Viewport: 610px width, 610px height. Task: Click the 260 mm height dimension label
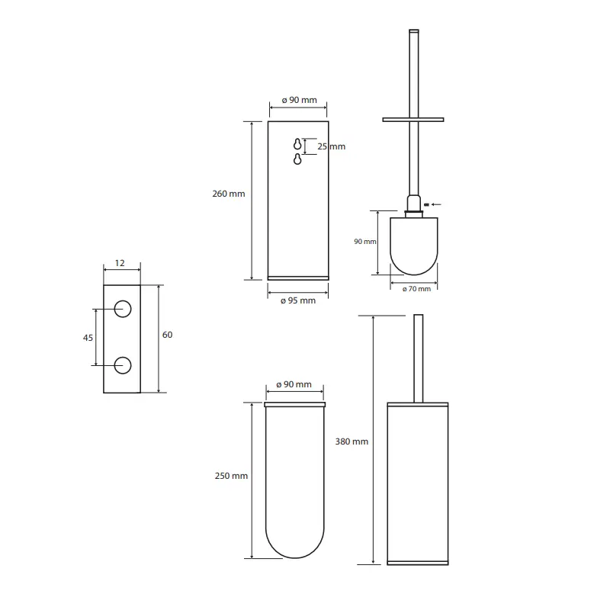click(228, 194)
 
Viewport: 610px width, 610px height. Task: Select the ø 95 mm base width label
click(298, 300)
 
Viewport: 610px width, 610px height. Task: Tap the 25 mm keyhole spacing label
click(331, 146)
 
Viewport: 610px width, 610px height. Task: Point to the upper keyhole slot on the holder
click(297, 144)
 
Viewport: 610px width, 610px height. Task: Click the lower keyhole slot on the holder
click(297, 159)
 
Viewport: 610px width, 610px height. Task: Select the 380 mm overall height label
click(352, 441)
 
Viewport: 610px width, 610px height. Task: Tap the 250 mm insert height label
click(231, 476)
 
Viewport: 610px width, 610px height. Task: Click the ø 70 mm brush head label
click(416, 289)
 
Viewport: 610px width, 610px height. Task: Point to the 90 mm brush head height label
click(365, 242)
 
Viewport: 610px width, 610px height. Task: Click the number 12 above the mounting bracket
click(120, 263)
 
